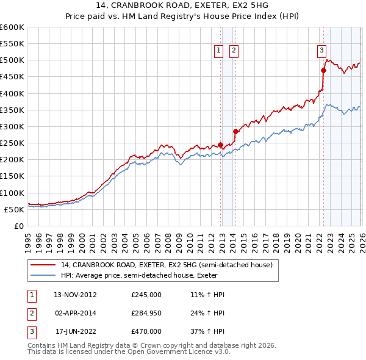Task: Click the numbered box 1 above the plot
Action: point(218,51)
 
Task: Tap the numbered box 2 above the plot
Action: point(234,51)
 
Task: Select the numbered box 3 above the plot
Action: point(321,51)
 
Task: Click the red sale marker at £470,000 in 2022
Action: point(323,70)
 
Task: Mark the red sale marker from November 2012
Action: point(220,145)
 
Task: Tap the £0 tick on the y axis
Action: point(18,226)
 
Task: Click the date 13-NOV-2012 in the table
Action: point(75,295)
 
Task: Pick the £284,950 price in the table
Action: point(146,313)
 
